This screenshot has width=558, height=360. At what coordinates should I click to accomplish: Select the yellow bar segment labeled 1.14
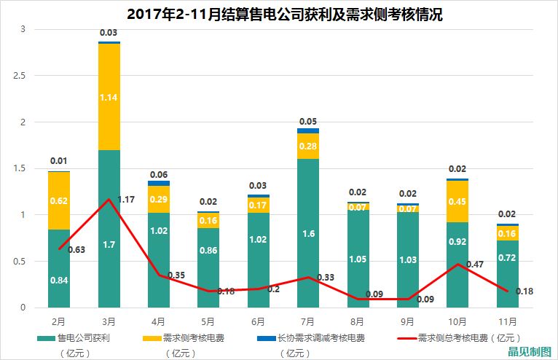click(x=109, y=97)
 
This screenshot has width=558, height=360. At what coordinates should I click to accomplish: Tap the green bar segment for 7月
click(x=307, y=233)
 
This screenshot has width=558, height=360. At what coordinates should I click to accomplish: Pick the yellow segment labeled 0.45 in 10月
click(x=457, y=201)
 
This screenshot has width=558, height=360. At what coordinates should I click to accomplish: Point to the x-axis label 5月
click(x=208, y=320)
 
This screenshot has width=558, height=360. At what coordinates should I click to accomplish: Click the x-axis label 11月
click(x=507, y=320)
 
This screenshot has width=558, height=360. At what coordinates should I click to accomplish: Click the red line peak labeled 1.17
click(x=109, y=199)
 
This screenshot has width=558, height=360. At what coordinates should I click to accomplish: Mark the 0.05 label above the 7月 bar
click(x=308, y=121)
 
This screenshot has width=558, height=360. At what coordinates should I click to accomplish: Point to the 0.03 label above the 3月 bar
click(x=109, y=33)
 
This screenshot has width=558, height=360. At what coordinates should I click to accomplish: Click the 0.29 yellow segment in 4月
click(x=159, y=199)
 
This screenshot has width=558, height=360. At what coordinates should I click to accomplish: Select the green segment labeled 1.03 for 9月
click(x=407, y=260)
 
